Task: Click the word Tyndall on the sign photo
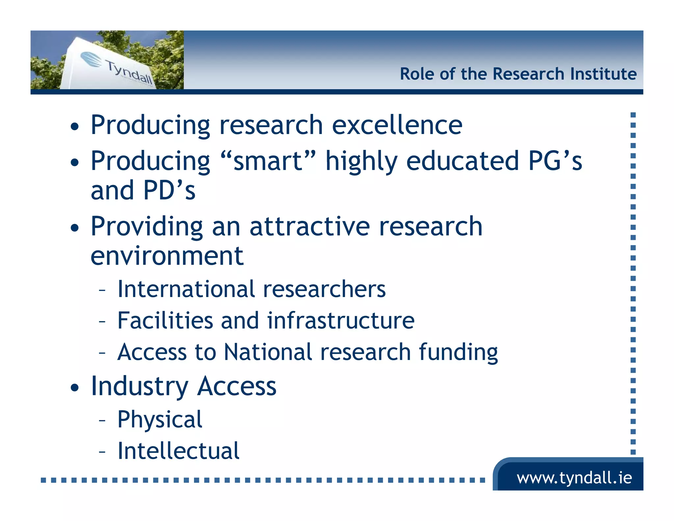[x=129, y=71]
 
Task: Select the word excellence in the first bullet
[x=397, y=125]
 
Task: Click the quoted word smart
[x=268, y=161]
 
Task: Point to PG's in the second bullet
[x=555, y=161]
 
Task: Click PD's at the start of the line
[x=169, y=190]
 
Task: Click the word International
[x=186, y=289]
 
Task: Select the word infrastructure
[x=340, y=320]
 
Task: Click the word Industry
[x=140, y=386]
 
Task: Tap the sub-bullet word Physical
[x=160, y=420]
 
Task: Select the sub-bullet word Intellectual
[x=178, y=451]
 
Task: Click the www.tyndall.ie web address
[x=574, y=478]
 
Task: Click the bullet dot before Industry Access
[x=75, y=388]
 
